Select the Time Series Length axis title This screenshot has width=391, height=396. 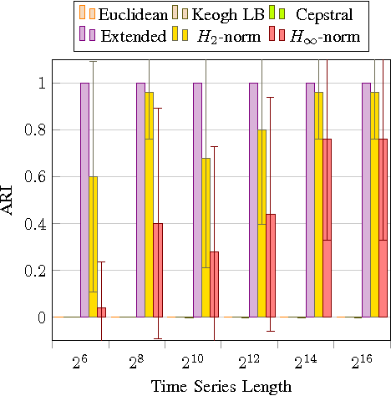(x=221, y=385)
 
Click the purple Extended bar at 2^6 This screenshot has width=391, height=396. (x=84, y=201)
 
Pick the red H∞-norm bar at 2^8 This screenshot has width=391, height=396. (x=157, y=271)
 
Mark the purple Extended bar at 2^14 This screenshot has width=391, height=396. (x=310, y=201)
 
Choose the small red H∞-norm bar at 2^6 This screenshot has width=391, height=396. (x=101, y=312)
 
